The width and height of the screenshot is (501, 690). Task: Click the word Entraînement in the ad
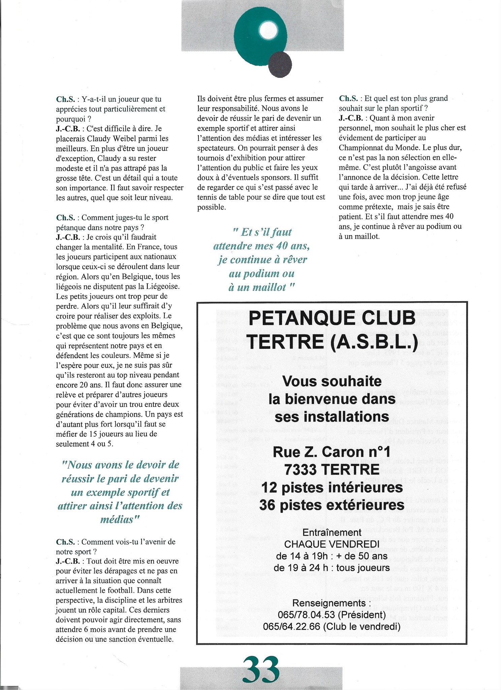(x=332, y=532)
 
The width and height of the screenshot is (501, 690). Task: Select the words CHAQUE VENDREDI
(x=332, y=544)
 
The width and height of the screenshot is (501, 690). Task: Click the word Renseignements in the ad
(x=324, y=603)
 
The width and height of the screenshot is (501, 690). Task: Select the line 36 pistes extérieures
(x=332, y=505)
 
